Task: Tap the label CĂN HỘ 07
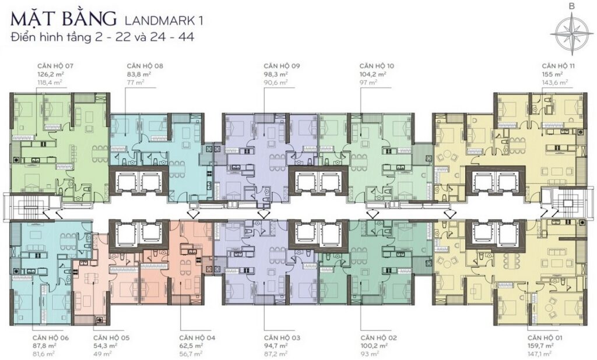pos(55,66)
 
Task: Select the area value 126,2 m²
pos(50,74)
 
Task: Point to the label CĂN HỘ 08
pos(145,66)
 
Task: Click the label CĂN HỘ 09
pos(282,66)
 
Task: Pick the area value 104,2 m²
pos(373,74)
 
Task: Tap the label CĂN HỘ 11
pos(558,66)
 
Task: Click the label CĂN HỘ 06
pos(51,337)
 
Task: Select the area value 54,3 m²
pos(105,345)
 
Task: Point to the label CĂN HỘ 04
pos(197,337)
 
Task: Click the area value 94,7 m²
pos(276,345)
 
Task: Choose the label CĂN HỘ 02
pos(379,337)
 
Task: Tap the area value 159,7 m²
pos(540,345)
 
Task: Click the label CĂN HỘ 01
pos(545,337)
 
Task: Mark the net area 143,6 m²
pos(555,82)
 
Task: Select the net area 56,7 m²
pos(191,354)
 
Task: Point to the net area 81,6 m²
pos(44,354)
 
